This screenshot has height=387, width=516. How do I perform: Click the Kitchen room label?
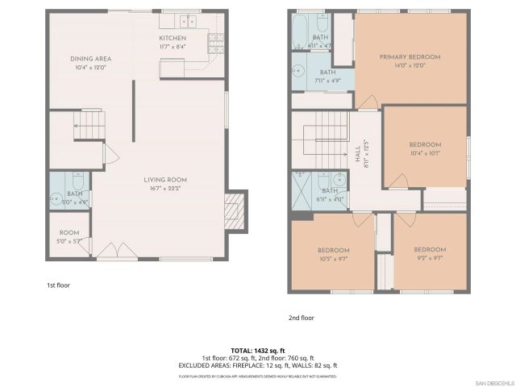click(x=173, y=38)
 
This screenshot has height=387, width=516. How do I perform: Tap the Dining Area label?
click(x=90, y=59)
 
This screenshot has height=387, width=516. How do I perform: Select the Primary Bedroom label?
click(x=410, y=57)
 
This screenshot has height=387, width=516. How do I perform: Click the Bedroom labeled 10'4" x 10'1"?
click(x=425, y=145)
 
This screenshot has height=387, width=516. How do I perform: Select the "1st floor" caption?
click(x=57, y=285)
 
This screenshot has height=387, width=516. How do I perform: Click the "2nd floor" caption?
click(x=302, y=318)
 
